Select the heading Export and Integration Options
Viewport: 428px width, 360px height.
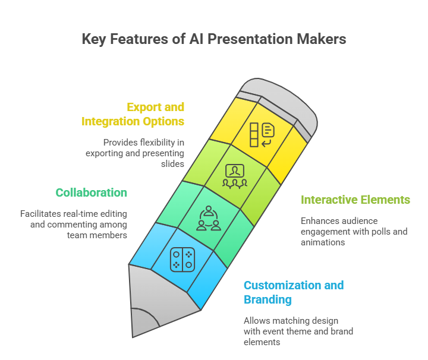click(x=133, y=114)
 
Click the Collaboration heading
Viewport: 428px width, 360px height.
click(x=91, y=192)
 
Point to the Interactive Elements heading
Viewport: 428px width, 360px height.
click(x=355, y=200)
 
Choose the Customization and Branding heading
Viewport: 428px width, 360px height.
click(x=293, y=292)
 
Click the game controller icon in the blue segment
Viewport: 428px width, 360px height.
click(x=182, y=260)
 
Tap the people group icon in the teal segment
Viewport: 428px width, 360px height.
click(x=209, y=218)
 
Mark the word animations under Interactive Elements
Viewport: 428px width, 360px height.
click(x=323, y=242)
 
